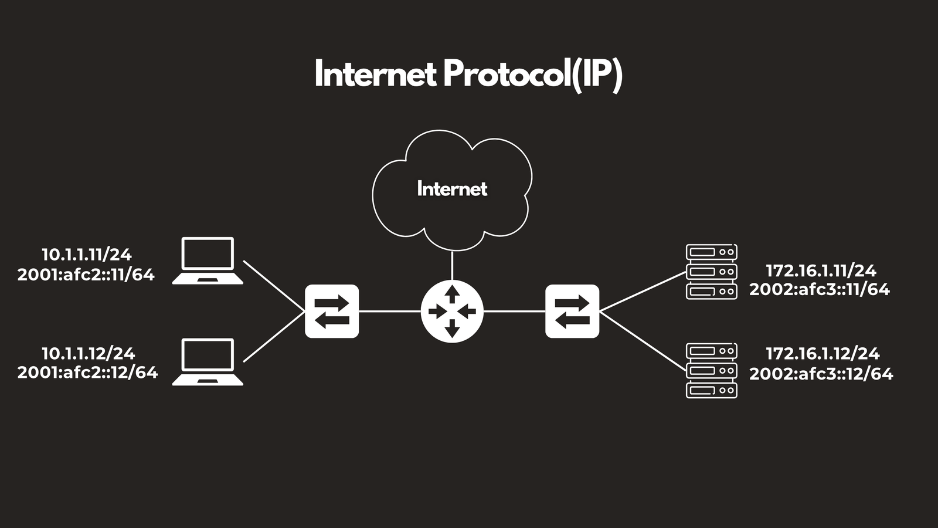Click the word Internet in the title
coord(375,73)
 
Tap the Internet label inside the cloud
coord(452,188)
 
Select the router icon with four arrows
coord(452,312)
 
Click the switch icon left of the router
coord(332,312)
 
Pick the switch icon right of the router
coord(572,312)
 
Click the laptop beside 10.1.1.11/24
coord(208,260)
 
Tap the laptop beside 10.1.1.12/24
coord(208,361)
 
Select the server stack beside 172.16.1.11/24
coord(712,272)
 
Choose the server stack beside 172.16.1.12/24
coord(712,370)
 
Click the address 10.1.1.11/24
coord(87,255)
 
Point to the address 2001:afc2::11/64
coord(86,275)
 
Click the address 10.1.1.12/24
coord(88,354)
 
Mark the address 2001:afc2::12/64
coord(87,373)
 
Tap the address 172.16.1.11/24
coord(821,271)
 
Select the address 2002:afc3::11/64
coord(820,290)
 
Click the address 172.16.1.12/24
coord(823,354)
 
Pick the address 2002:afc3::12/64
coord(821,373)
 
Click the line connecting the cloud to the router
coord(452,266)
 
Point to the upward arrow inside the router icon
coord(452,294)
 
